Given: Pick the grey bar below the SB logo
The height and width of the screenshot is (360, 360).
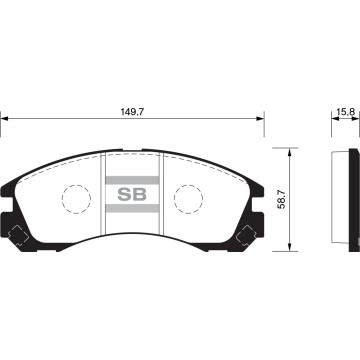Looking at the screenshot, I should tap(132, 211).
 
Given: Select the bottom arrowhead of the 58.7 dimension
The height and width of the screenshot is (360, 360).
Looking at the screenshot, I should tap(290, 247).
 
